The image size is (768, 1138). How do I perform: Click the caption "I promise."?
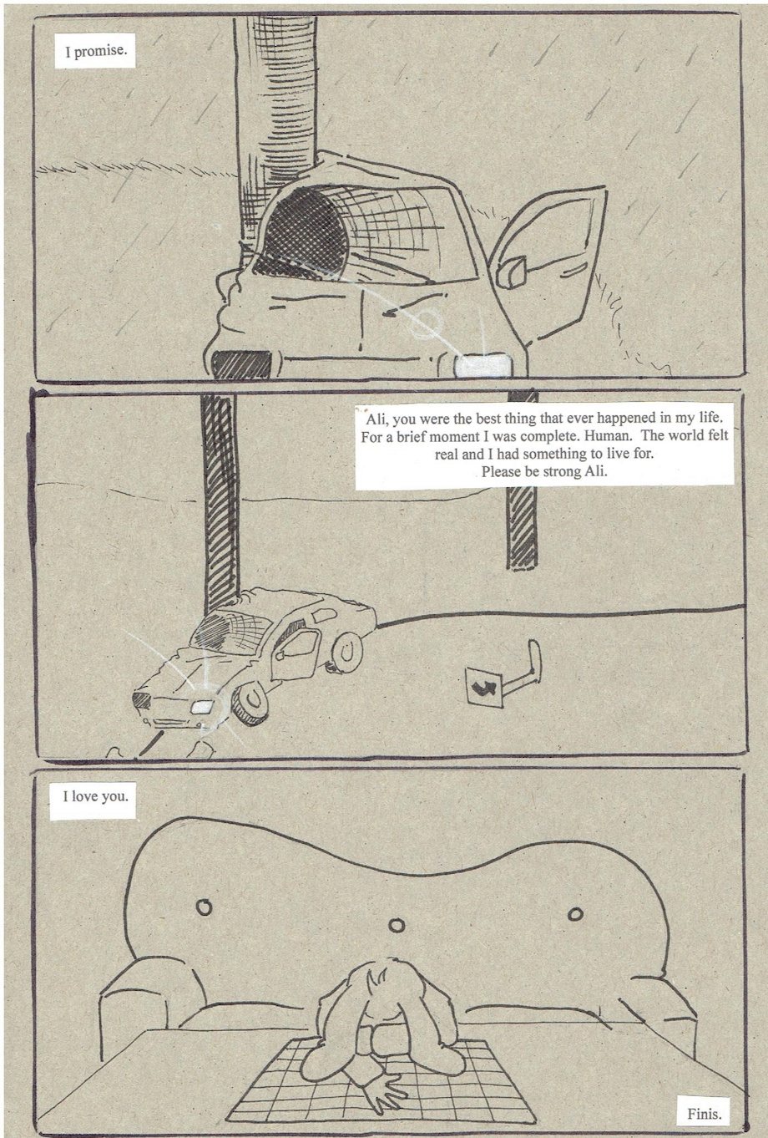95,51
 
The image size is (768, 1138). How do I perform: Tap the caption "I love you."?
95,795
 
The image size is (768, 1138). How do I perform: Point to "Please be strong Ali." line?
544,471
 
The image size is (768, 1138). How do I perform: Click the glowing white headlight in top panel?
483,365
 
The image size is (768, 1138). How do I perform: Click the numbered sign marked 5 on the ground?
482,686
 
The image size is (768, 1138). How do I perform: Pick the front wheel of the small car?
250,701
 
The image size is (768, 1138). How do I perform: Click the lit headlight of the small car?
204,706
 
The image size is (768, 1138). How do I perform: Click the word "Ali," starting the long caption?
376,419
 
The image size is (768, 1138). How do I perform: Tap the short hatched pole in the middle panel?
521,528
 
